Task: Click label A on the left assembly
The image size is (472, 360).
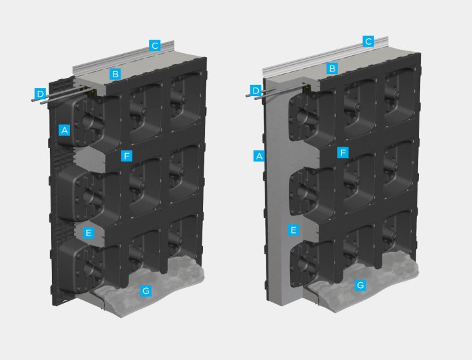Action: click(64, 130)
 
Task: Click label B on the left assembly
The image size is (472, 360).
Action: click(115, 74)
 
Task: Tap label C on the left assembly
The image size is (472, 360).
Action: click(155, 46)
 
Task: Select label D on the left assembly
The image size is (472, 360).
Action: click(40, 93)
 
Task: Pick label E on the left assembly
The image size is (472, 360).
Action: click(88, 233)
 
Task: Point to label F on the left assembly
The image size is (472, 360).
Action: click(126, 156)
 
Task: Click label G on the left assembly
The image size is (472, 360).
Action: click(146, 291)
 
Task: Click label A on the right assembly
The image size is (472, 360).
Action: click(259, 156)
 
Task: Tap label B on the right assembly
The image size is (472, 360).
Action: click(332, 69)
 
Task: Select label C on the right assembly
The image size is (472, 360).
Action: click(368, 42)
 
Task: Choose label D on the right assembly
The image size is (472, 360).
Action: click(256, 91)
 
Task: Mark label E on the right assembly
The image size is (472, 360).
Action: click(293, 230)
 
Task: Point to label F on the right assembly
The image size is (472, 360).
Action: click(343, 152)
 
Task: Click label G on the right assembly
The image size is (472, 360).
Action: click(360, 285)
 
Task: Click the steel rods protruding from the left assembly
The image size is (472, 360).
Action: click(60, 95)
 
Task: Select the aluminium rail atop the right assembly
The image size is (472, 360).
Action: click(325, 56)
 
